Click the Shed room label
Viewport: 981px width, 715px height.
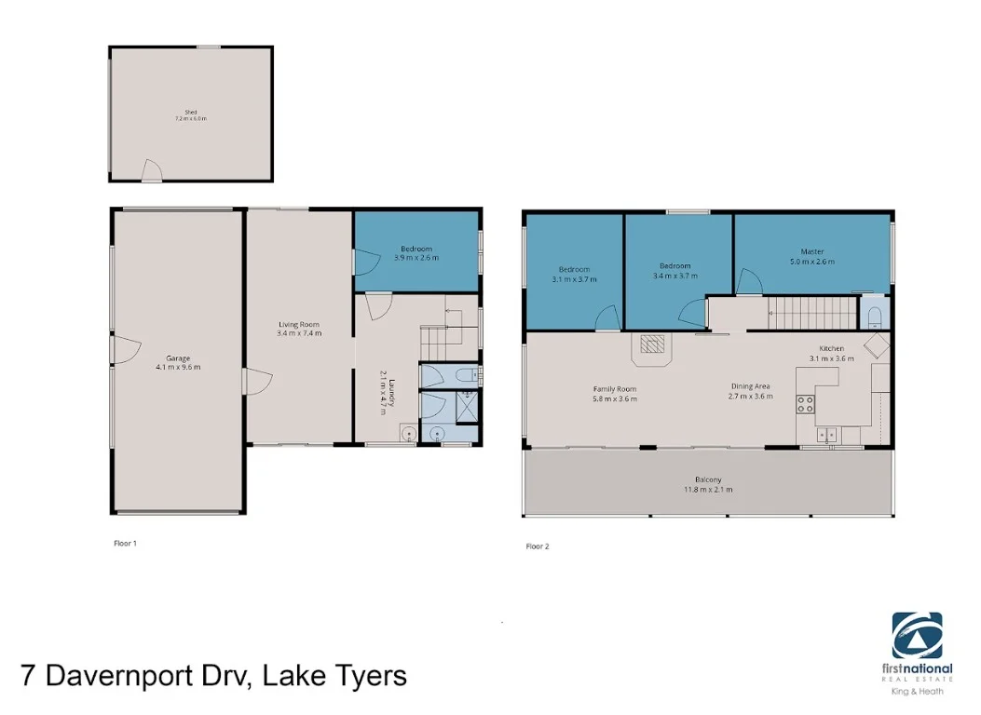[190, 112]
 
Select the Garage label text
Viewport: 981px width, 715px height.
[178, 357]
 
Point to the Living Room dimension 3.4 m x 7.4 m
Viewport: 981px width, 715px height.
[299, 332]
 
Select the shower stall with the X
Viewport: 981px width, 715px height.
[467, 406]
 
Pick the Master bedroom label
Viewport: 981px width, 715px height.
[812, 251]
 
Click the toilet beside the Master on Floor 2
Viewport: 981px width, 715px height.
[873, 315]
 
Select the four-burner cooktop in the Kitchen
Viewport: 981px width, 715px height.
[805, 404]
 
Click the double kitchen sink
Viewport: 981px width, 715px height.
[826, 434]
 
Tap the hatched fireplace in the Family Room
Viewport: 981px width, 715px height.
[653, 346]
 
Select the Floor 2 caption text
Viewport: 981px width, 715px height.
[538, 546]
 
